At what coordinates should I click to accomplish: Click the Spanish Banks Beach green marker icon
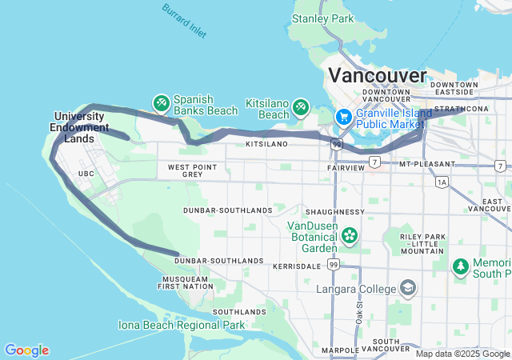161,102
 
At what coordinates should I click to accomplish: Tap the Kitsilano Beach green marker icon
301,106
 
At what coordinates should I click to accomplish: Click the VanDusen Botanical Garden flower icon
349,235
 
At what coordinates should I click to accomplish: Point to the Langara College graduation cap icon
408,288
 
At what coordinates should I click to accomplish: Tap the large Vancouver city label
378,76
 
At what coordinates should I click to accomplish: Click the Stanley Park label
322,18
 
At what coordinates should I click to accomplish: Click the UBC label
86,173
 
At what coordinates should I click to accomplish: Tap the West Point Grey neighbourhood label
192,170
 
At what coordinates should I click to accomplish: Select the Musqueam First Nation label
184,282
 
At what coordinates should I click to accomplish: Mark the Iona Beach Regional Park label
182,325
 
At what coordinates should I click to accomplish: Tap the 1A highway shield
442,182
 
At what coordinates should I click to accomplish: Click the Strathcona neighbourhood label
461,109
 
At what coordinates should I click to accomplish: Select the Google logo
26,350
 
